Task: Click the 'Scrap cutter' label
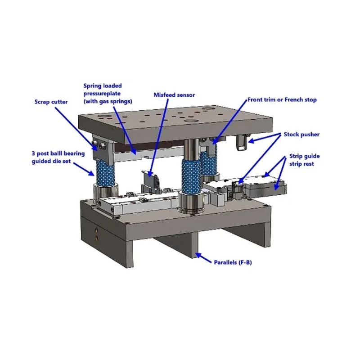pyautogui.click(x=51, y=102)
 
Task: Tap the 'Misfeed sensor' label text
pyautogui.click(x=174, y=95)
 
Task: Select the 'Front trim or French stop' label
pyautogui.click(x=282, y=100)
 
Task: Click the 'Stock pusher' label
pyautogui.click(x=301, y=135)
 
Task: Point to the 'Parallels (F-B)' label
pyautogui.click(x=233, y=262)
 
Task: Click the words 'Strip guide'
pyautogui.click(x=305, y=156)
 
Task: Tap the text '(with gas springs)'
pyautogui.click(x=108, y=101)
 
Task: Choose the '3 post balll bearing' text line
pyautogui.click(x=58, y=153)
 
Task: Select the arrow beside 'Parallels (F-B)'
pyautogui.click(x=203, y=258)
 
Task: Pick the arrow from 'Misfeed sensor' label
pyautogui.click(x=159, y=138)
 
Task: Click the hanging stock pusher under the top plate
pyautogui.click(x=241, y=142)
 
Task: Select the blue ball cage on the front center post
pyautogui.click(x=191, y=175)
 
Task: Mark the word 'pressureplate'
pyautogui.click(x=102, y=94)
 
